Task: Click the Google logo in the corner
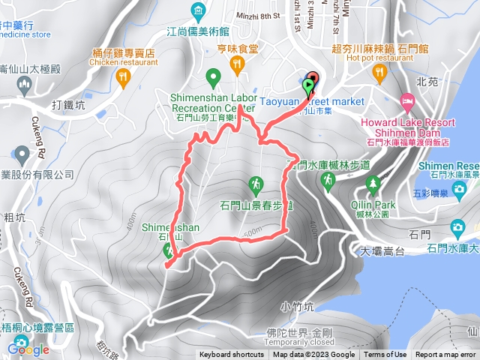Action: (x=29, y=349)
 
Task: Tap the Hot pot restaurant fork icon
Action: (x=378, y=72)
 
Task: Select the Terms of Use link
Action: (x=385, y=355)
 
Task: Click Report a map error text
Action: (x=447, y=355)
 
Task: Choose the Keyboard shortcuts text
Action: (x=231, y=355)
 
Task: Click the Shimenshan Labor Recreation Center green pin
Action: (x=212, y=76)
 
